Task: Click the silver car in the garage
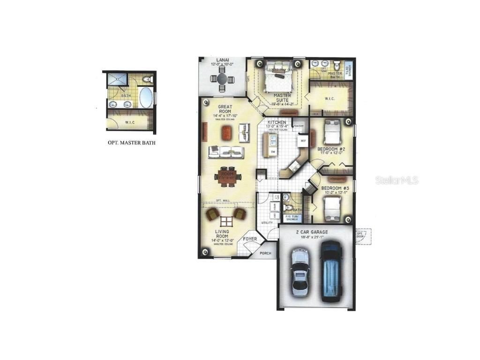click(300, 272)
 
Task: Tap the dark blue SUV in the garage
click(332, 270)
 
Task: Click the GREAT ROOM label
click(225, 107)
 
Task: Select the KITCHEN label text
click(276, 122)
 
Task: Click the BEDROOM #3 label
click(335, 188)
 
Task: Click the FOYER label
click(250, 240)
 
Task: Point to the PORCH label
click(266, 254)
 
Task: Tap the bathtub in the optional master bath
click(145, 97)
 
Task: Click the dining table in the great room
click(228, 176)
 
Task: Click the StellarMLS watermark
click(397, 180)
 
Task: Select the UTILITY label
click(267, 222)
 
